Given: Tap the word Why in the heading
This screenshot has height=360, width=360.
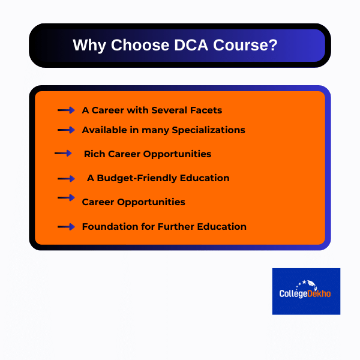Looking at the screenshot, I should point(88,46).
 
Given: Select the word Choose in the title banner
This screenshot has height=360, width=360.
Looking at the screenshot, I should point(138,46).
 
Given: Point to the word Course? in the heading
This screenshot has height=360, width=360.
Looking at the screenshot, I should point(244,46).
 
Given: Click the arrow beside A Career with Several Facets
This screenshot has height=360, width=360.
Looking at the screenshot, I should point(65,110).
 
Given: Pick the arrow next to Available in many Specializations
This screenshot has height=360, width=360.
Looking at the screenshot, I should point(65,130).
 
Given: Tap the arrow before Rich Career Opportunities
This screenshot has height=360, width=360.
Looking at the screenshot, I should point(63,154).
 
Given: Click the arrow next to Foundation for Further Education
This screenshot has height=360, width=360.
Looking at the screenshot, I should point(65,227).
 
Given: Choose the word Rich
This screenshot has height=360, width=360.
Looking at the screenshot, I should point(95,154).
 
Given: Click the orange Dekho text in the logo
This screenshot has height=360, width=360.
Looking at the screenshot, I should point(318,294).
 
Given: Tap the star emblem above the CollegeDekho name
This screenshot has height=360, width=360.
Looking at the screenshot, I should point(305,283).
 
